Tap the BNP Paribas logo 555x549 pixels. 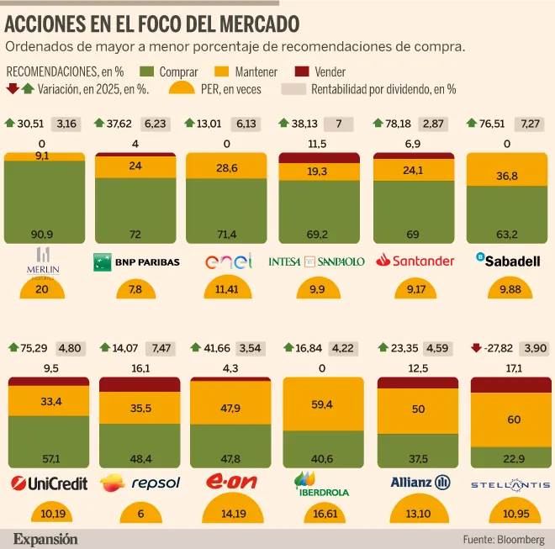[x=136, y=261]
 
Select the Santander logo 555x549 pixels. [x=415, y=261]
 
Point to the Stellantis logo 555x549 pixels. [x=510, y=484]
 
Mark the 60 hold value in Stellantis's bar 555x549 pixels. [x=510, y=419]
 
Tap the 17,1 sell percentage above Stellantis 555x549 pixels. [x=510, y=368]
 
